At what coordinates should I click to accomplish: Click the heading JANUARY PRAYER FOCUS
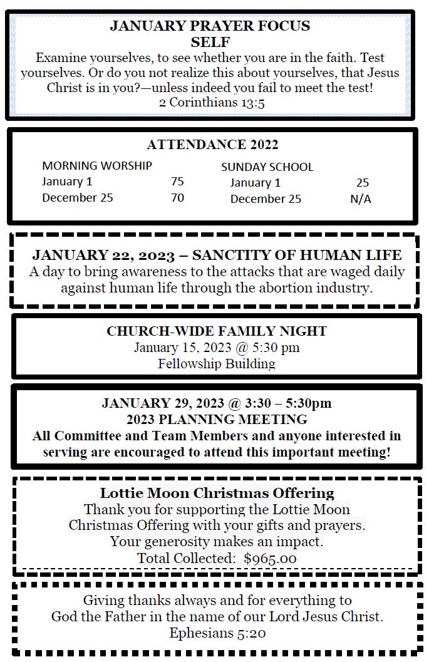210,26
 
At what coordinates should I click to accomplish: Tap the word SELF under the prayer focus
210,43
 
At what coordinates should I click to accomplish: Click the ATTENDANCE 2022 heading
212,145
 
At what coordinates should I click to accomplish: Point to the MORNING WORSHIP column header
96,166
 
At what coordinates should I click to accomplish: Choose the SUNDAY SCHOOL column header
267,167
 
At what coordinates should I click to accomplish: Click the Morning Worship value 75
177,182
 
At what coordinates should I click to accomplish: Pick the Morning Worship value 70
177,198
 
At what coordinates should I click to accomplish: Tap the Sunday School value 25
362,183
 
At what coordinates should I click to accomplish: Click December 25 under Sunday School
266,199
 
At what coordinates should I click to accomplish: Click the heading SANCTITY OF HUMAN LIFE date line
217,256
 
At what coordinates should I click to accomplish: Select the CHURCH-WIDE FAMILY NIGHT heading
217,331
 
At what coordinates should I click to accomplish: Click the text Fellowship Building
217,363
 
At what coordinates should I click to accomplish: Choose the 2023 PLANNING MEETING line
217,419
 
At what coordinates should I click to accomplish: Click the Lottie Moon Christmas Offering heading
217,493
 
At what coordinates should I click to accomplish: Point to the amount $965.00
270,559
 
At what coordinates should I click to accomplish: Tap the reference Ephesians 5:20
217,633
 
